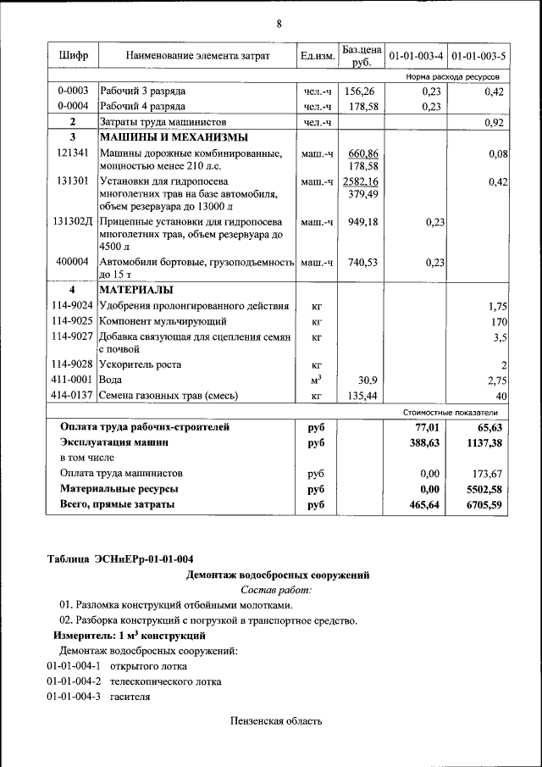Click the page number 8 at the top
coord(278,23)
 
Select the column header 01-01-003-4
coord(416,56)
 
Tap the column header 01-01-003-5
coord(478,56)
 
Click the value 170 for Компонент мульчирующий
coord(499,322)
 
